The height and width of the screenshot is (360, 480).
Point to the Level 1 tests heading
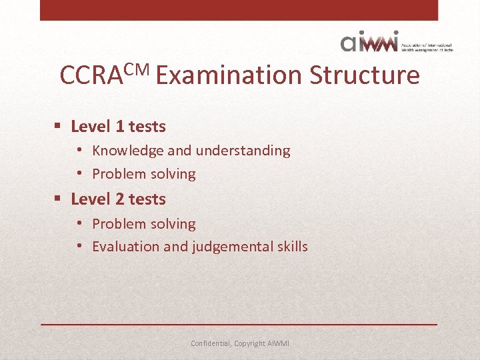point(118,126)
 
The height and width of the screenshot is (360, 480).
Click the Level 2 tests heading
point(118,199)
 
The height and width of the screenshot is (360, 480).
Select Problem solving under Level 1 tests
point(143,174)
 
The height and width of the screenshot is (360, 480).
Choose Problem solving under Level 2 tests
point(143,224)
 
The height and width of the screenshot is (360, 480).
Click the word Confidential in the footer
point(211,343)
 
